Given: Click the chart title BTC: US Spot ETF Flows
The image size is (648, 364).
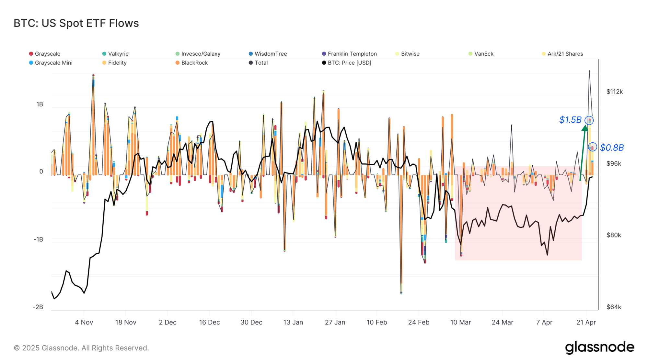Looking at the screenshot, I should [x=76, y=23].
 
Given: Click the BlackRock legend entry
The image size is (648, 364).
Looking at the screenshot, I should [x=194, y=63].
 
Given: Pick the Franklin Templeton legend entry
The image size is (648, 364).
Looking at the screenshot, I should [x=352, y=54].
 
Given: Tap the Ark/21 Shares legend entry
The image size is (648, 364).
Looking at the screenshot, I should [x=565, y=54].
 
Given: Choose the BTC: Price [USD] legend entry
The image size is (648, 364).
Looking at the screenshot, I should [x=349, y=63].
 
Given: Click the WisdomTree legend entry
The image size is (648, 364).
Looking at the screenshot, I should [x=271, y=54].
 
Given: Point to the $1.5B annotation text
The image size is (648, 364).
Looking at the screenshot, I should [x=570, y=120].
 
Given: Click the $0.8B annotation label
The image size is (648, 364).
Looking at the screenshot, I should [x=612, y=148].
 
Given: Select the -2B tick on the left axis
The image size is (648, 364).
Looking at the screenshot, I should [x=38, y=307].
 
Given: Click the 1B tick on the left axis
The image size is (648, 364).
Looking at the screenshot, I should [x=40, y=104].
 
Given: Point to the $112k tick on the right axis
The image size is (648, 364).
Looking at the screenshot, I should [x=614, y=92].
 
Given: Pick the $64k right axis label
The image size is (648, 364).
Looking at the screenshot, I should [x=614, y=307].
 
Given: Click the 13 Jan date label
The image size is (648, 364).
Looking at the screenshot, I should [x=293, y=322].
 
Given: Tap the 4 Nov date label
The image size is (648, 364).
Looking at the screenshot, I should [x=84, y=322].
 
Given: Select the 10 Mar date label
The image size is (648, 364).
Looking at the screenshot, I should [x=460, y=322].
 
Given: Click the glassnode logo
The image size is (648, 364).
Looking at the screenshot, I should [x=599, y=347].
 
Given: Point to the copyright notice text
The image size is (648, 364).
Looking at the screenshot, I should [x=81, y=348].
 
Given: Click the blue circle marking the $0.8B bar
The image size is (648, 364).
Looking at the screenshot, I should [x=592, y=147].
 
